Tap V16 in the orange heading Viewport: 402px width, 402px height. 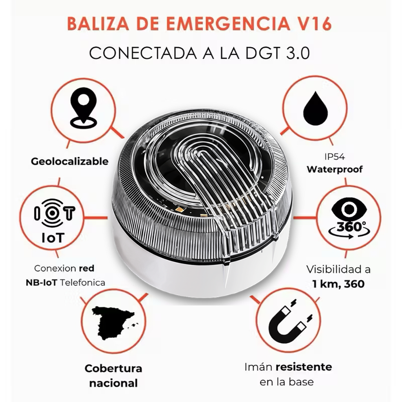(x=313, y=24)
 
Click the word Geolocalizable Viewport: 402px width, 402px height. (x=70, y=161)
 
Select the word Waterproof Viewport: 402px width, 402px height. (x=335, y=169)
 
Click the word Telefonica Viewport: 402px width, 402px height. (x=82, y=282)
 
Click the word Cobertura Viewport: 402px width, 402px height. (x=113, y=368)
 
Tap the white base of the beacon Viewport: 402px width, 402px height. (x=201, y=281)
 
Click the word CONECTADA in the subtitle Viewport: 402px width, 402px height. (x=141, y=53)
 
